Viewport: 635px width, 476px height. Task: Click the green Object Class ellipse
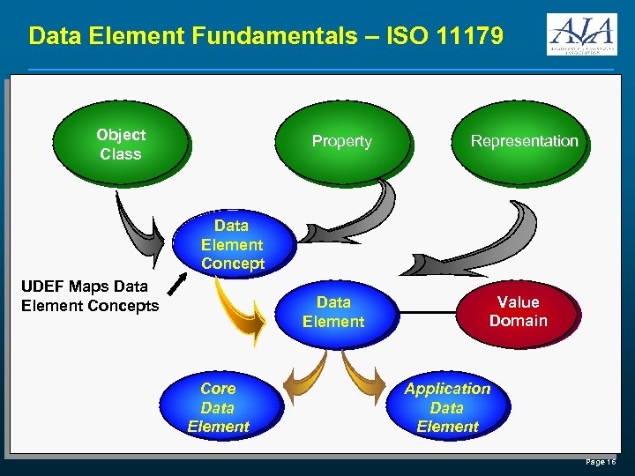pos(121,144)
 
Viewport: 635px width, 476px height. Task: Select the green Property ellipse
pos(342,141)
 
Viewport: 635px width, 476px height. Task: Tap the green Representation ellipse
pos(524,141)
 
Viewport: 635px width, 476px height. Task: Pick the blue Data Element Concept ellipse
pos(232,244)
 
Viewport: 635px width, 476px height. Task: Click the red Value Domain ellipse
pos(519,312)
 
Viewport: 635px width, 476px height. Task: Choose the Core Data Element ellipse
pos(218,407)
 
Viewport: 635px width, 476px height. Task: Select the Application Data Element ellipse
pos(447,407)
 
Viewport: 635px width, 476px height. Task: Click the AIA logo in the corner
pos(581,35)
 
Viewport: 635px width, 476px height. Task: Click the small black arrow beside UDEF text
pos(176,284)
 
